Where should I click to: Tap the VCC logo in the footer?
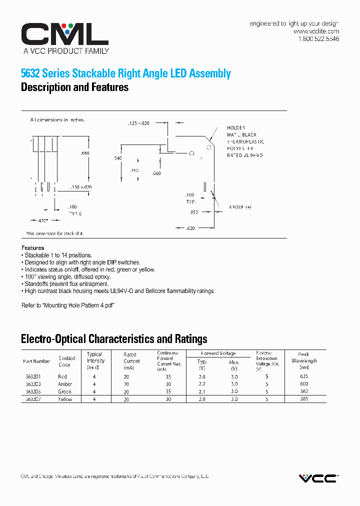318,478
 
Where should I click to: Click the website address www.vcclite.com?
316,31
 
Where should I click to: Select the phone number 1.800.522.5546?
318,38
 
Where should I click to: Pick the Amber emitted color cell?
65,384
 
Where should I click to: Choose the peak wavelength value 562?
304,391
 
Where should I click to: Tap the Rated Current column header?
132,357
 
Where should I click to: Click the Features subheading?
32,248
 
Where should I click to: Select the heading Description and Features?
74,87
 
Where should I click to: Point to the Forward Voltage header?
218,353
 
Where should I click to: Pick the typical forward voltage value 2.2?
202,384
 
